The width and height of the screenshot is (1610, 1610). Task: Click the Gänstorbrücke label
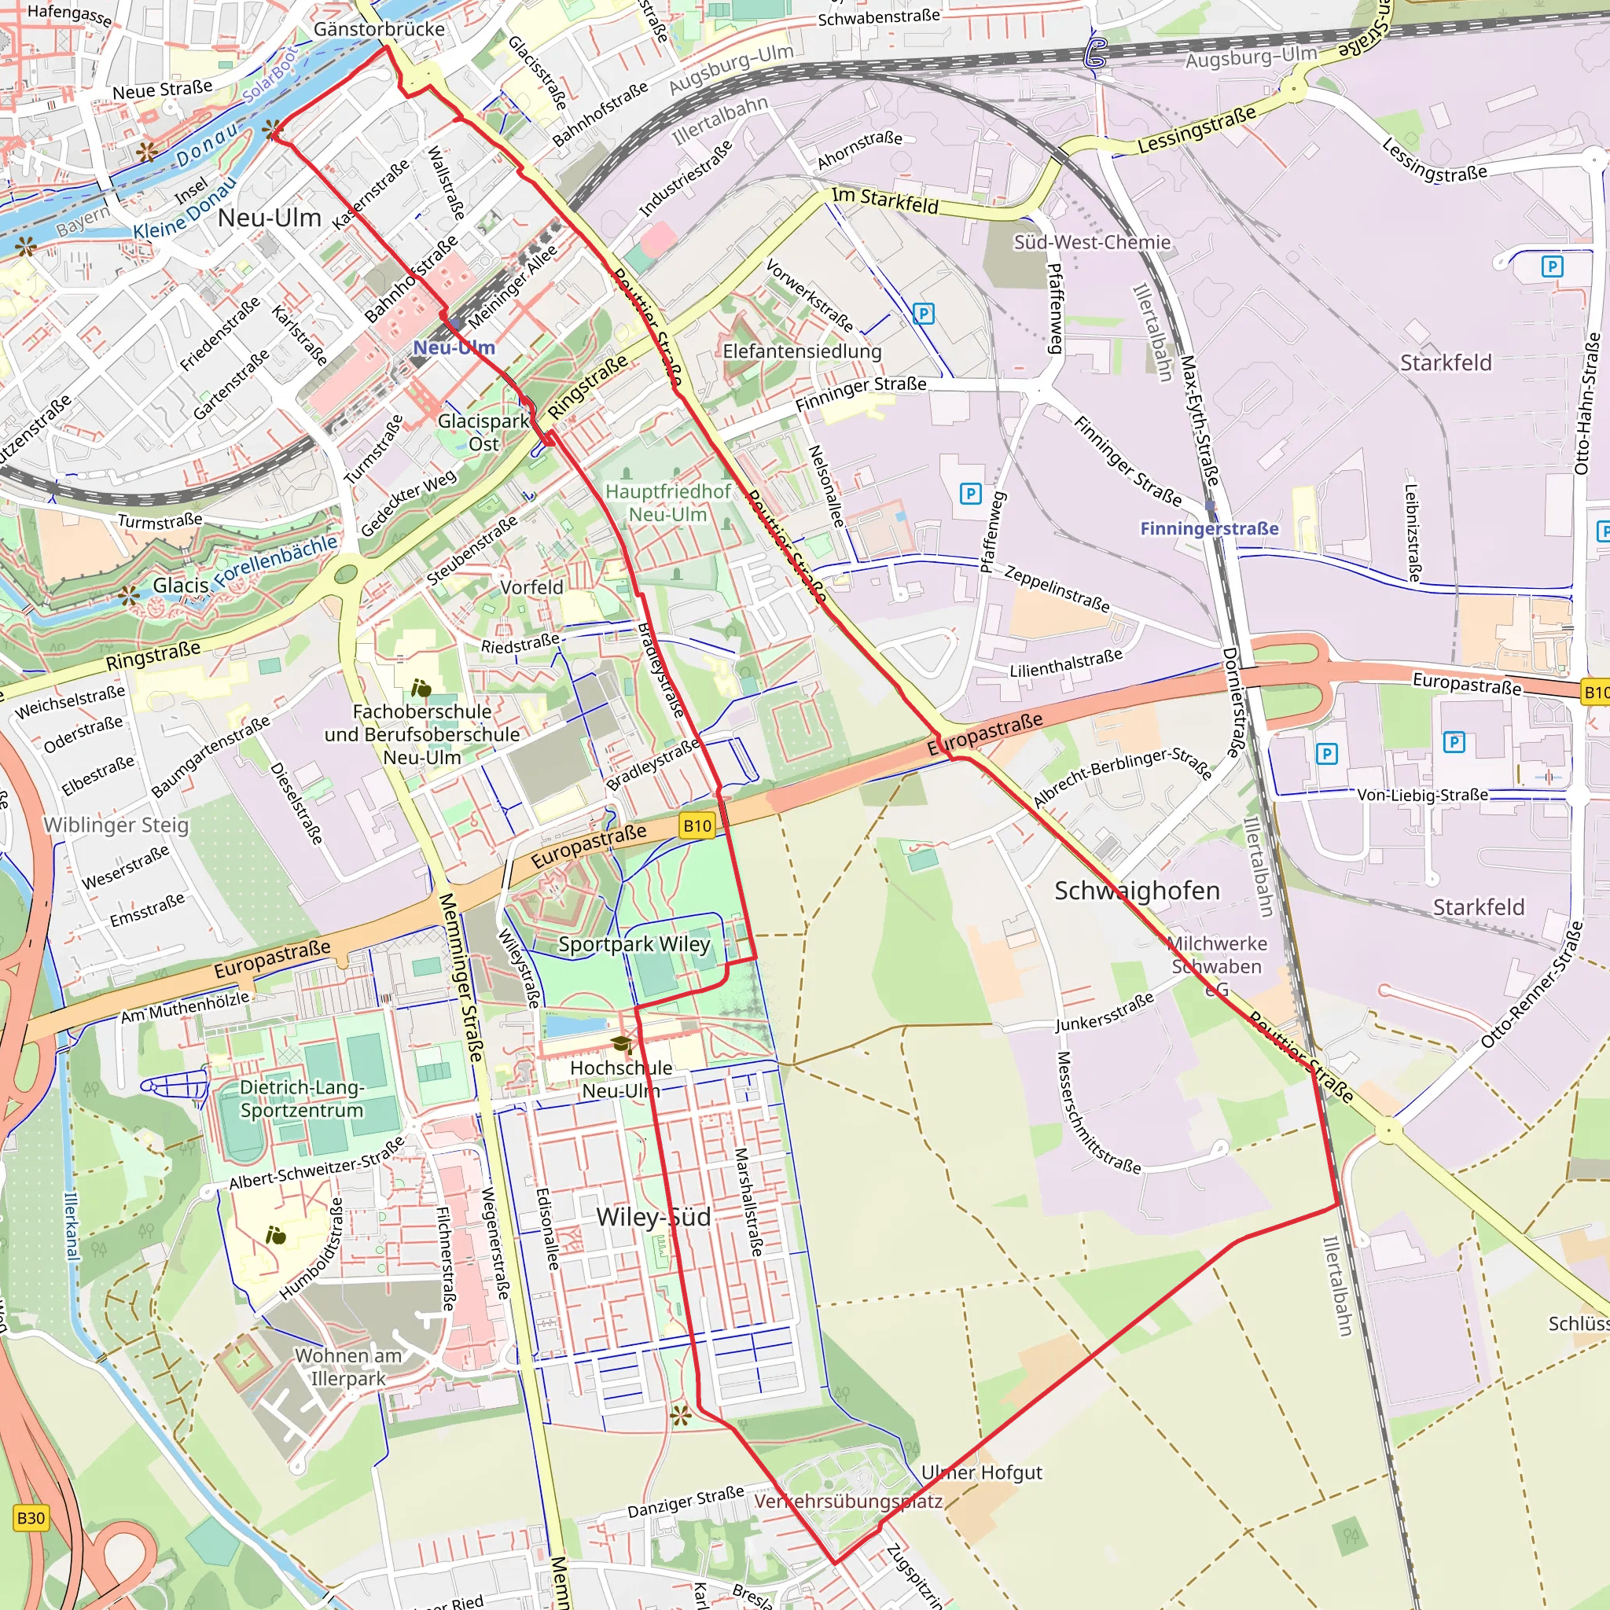click(x=379, y=29)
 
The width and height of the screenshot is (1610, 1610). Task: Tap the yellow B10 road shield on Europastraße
click(x=697, y=826)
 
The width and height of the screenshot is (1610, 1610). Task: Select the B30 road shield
click(x=31, y=1517)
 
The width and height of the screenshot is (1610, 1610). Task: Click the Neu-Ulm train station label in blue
click(x=454, y=347)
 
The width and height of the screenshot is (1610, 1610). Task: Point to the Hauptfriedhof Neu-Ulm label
click(x=667, y=502)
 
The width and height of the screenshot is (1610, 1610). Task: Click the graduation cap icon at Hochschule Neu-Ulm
click(x=621, y=1044)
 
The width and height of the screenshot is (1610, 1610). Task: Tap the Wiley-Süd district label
click(x=653, y=1217)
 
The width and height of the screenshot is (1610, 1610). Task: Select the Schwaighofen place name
click(x=1137, y=891)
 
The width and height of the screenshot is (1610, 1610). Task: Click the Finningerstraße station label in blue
click(x=1208, y=528)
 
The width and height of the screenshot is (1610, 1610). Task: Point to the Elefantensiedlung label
click(x=802, y=351)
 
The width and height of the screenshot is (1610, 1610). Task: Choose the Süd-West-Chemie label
click(x=1092, y=242)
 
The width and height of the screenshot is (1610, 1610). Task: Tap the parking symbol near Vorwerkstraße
click(x=924, y=314)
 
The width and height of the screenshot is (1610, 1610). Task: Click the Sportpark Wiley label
click(x=634, y=944)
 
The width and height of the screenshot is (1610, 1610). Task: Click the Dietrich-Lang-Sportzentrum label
click(x=302, y=1098)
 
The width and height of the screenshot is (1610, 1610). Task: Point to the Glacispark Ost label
click(x=483, y=432)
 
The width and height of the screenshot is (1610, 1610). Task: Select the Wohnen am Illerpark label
click(x=348, y=1366)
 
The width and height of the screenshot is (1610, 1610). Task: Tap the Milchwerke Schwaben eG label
click(x=1217, y=966)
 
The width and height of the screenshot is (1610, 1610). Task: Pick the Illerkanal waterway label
click(x=72, y=1225)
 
